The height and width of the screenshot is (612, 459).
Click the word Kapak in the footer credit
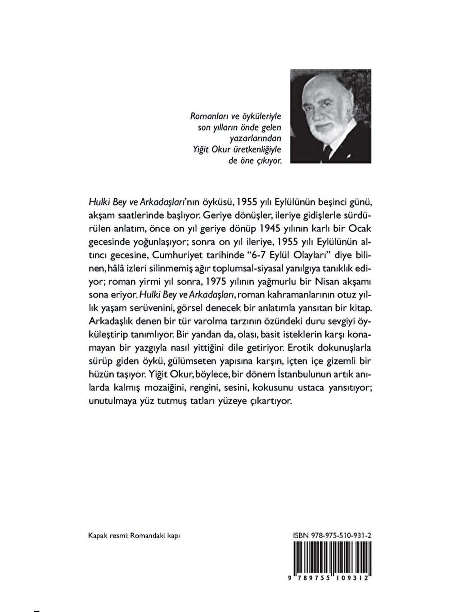(98, 536)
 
